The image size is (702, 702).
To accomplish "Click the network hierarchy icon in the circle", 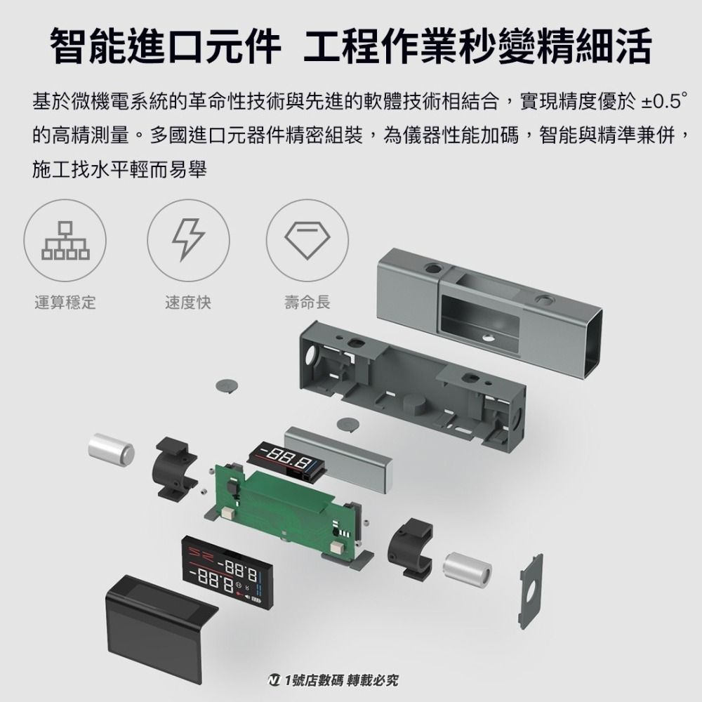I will pos(65,240).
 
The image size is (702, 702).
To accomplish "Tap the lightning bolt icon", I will pos(187,240).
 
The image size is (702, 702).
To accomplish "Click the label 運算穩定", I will pos(65,303).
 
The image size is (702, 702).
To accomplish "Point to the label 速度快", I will pos(187,303).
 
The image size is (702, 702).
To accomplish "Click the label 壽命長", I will pos(307,303).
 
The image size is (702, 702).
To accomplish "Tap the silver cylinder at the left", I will pos(111,450).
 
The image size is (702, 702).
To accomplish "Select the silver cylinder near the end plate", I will pos(468,569).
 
